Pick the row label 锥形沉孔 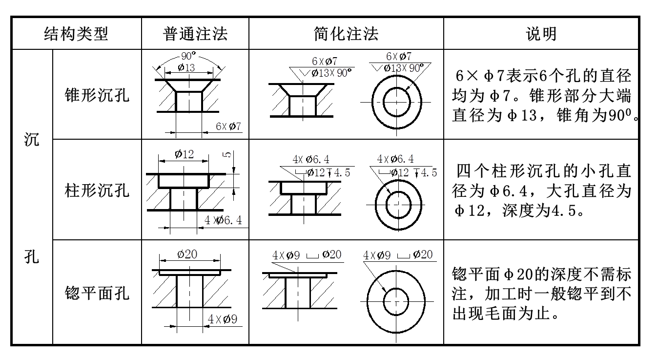97,95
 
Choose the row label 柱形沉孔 97,190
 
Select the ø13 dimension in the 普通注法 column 186,68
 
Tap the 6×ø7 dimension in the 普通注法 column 228,127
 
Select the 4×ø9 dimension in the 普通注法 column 222,319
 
